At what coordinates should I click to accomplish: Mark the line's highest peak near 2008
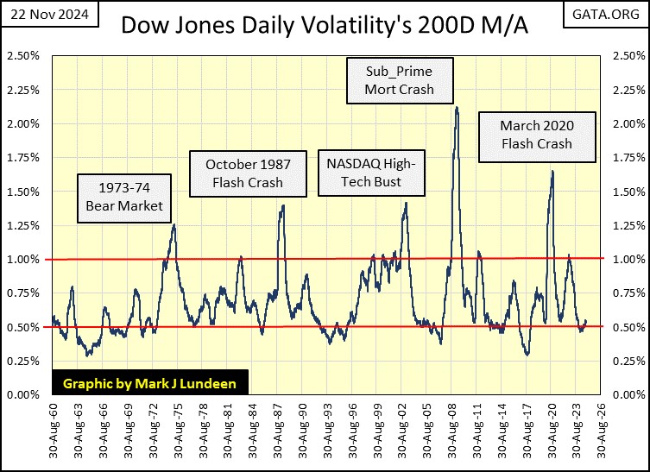(x=457, y=108)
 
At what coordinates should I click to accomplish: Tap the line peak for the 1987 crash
(x=282, y=205)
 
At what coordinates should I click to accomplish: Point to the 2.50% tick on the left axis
(x=25, y=56)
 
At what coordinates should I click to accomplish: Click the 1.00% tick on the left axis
(x=25, y=259)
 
